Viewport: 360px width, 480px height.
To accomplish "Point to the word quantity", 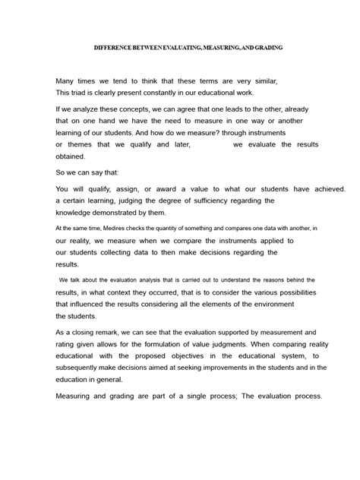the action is tap(172, 227).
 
